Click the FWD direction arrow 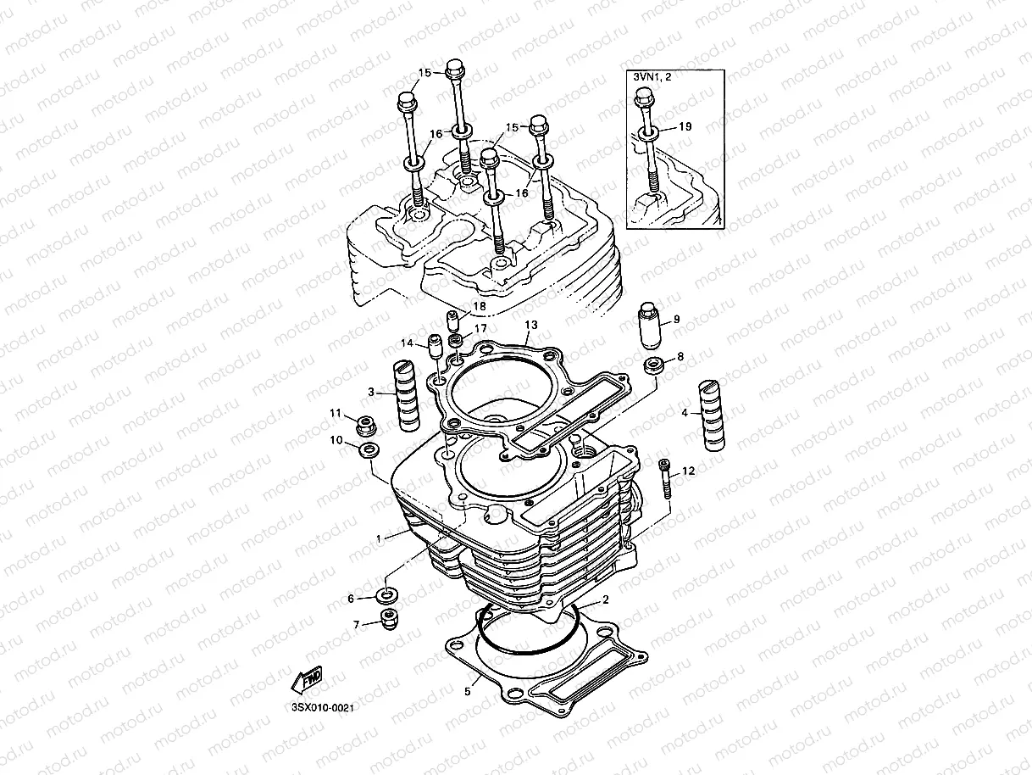(306, 677)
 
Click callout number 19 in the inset (685, 126)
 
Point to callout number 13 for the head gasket (530, 325)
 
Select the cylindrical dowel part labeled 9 (650, 326)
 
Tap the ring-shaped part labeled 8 (653, 367)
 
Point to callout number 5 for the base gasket (466, 691)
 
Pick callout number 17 (480, 328)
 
